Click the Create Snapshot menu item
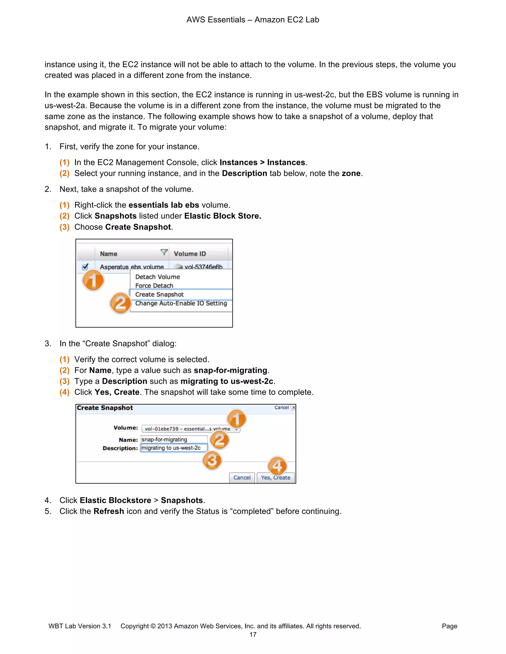[159, 294]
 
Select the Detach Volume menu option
[157, 277]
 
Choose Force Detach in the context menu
[154, 286]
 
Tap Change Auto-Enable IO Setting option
[181, 303]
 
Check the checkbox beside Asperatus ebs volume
[85, 267]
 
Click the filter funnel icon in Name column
[164, 252]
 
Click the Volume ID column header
[190, 254]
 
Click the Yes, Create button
[275, 478]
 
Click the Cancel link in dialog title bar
[281, 407]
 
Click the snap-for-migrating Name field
[174, 439]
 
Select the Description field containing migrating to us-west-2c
[174, 448]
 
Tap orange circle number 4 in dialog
[277, 466]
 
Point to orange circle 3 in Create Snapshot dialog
[212, 460]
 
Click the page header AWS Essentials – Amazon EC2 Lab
[253, 20]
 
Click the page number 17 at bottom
[253, 635]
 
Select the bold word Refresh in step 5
[108, 511]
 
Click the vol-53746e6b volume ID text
[203, 267]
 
